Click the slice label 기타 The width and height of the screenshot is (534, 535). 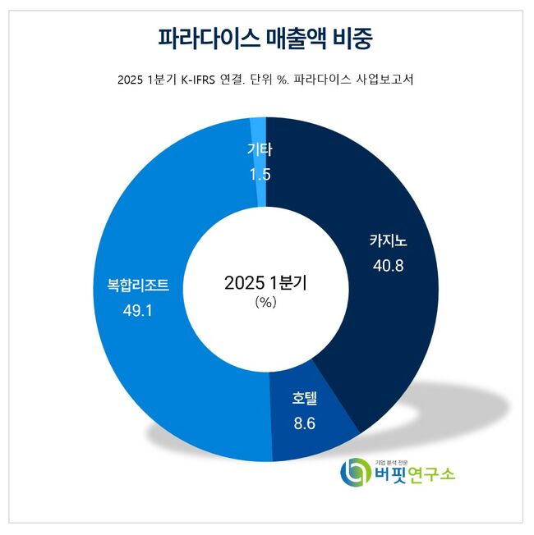coord(259,149)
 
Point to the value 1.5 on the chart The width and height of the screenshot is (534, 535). coord(259,174)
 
